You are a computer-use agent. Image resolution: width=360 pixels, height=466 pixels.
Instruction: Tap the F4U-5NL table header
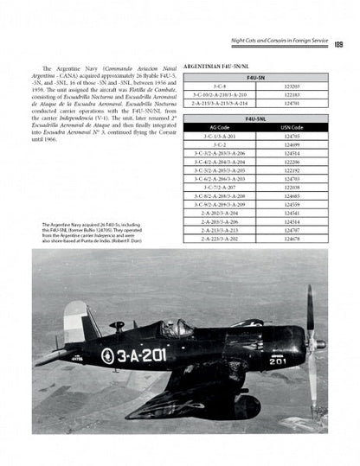[256, 118]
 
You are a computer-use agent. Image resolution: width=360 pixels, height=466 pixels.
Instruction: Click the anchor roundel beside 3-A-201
[107, 354]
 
